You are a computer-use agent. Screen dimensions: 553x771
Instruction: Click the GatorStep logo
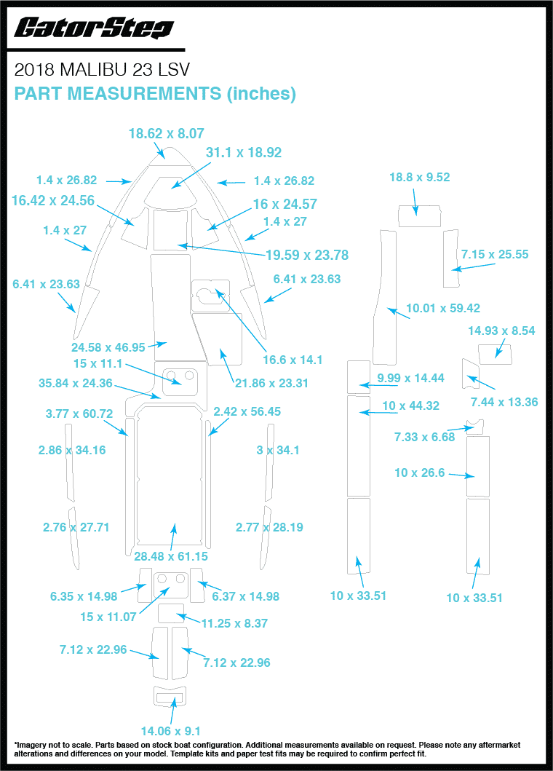[x=94, y=28]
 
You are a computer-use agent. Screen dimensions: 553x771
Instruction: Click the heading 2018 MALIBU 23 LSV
[x=102, y=70]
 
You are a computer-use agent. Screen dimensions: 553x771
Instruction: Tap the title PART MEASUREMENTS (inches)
[x=155, y=93]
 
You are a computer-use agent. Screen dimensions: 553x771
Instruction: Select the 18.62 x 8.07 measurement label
[x=166, y=133]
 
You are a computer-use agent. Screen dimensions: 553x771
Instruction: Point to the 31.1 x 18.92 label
[x=244, y=152]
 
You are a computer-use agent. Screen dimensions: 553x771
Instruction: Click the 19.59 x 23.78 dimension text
[x=307, y=256]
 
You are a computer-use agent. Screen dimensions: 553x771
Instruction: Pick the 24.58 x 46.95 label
[x=108, y=347]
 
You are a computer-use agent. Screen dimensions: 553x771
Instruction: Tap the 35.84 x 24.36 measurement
[x=76, y=383]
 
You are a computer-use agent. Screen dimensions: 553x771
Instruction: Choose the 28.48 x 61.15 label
[x=171, y=556]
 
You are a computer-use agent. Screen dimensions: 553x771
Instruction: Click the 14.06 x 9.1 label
[x=170, y=731]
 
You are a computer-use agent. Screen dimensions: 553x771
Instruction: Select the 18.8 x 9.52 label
[x=420, y=177]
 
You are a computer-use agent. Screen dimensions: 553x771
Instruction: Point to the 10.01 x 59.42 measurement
[x=443, y=308]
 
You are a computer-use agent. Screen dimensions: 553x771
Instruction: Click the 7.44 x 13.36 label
[x=504, y=402]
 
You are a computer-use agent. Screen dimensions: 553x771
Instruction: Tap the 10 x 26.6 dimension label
[x=419, y=473]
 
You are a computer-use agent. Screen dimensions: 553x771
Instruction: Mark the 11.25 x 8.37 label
[x=234, y=623]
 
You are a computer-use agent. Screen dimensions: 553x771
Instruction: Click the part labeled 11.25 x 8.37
[x=171, y=613]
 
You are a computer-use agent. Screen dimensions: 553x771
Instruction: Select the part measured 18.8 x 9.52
[x=419, y=216]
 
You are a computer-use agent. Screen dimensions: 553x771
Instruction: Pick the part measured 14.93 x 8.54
[x=495, y=355]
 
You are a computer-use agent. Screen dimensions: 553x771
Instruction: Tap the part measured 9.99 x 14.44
[x=359, y=377]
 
